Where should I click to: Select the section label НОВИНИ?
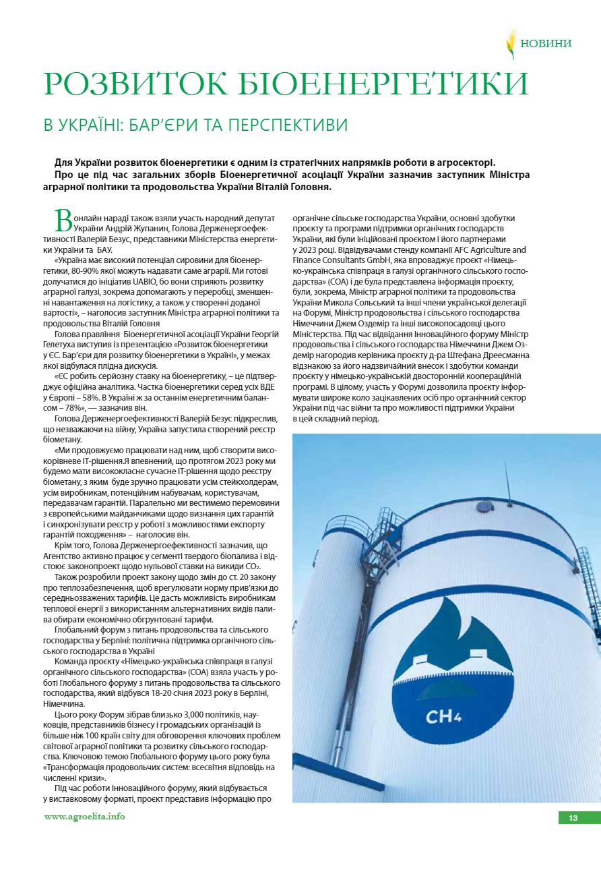coord(546,43)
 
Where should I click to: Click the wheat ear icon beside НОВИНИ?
coord(511,44)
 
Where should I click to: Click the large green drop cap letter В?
coord(63,221)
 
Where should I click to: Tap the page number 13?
coord(573,818)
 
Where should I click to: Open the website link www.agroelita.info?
coord(84,817)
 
